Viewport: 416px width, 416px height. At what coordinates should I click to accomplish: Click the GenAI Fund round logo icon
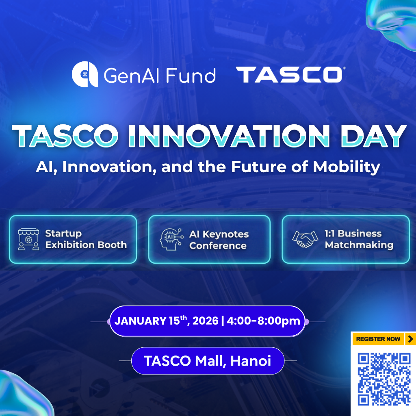(x=85, y=74)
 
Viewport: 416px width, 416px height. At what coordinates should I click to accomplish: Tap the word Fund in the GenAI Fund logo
(x=191, y=76)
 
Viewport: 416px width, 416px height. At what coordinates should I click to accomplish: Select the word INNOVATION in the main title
(x=229, y=136)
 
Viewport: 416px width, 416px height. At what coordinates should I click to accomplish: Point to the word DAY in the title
(x=374, y=136)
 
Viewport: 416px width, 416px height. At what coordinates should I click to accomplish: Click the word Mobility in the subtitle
(x=347, y=167)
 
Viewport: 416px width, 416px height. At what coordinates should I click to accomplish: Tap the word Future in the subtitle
(x=259, y=167)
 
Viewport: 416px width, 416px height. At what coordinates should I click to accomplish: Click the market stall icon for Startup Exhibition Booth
(x=28, y=239)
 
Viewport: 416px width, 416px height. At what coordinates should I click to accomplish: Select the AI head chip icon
(x=171, y=239)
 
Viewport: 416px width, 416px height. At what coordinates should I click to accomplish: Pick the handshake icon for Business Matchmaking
(x=305, y=239)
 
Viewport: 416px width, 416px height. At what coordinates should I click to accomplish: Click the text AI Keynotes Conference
(x=219, y=240)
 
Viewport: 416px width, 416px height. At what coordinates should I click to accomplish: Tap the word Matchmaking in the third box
(x=359, y=245)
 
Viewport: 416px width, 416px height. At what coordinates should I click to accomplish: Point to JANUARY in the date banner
(x=140, y=321)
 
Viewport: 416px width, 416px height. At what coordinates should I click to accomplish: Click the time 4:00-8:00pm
(x=263, y=321)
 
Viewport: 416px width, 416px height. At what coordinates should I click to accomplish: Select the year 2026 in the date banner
(x=205, y=321)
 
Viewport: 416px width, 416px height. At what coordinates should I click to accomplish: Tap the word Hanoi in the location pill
(x=251, y=361)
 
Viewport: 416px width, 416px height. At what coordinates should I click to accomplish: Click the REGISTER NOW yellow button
(x=378, y=339)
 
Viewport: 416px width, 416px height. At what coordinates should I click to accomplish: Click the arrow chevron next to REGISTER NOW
(x=411, y=339)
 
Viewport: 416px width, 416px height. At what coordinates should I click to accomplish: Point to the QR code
(x=384, y=379)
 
